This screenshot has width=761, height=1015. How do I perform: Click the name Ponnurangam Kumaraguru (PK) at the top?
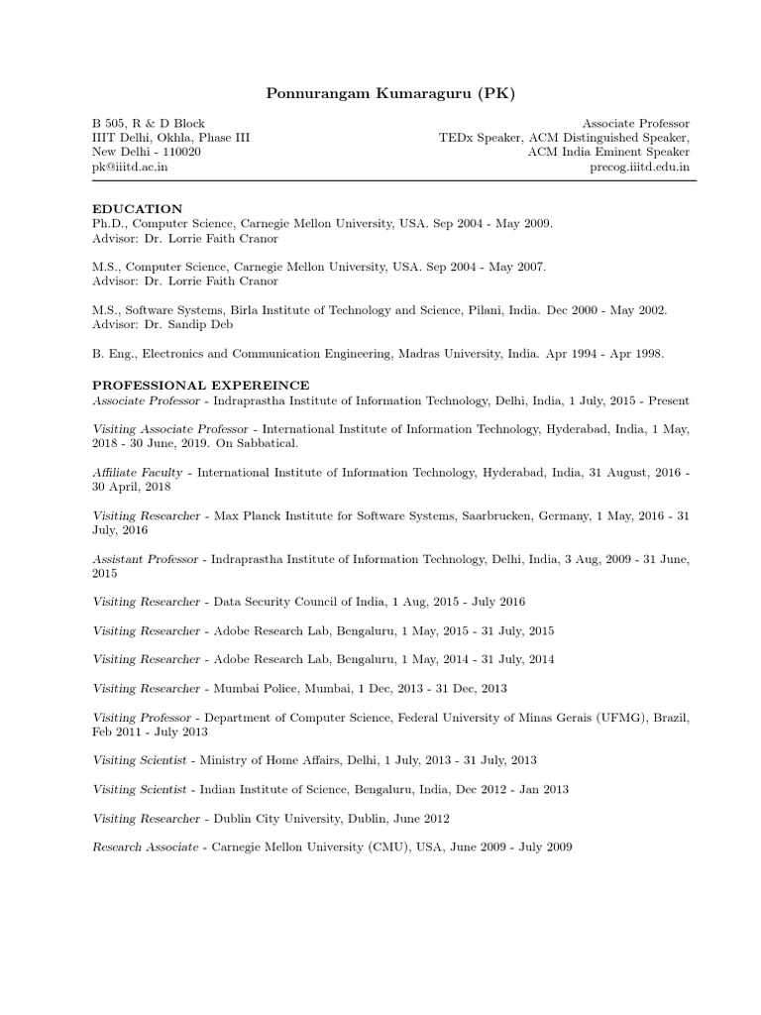point(391,93)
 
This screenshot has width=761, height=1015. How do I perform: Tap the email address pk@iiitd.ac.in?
point(130,168)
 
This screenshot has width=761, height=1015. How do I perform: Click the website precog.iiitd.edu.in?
point(640,168)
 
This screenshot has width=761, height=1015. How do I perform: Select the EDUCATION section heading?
point(137,209)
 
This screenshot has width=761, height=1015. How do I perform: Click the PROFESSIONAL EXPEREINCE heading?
point(201,385)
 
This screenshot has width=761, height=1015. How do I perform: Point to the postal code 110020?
point(181,153)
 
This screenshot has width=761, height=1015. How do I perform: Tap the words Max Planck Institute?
point(273,515)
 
